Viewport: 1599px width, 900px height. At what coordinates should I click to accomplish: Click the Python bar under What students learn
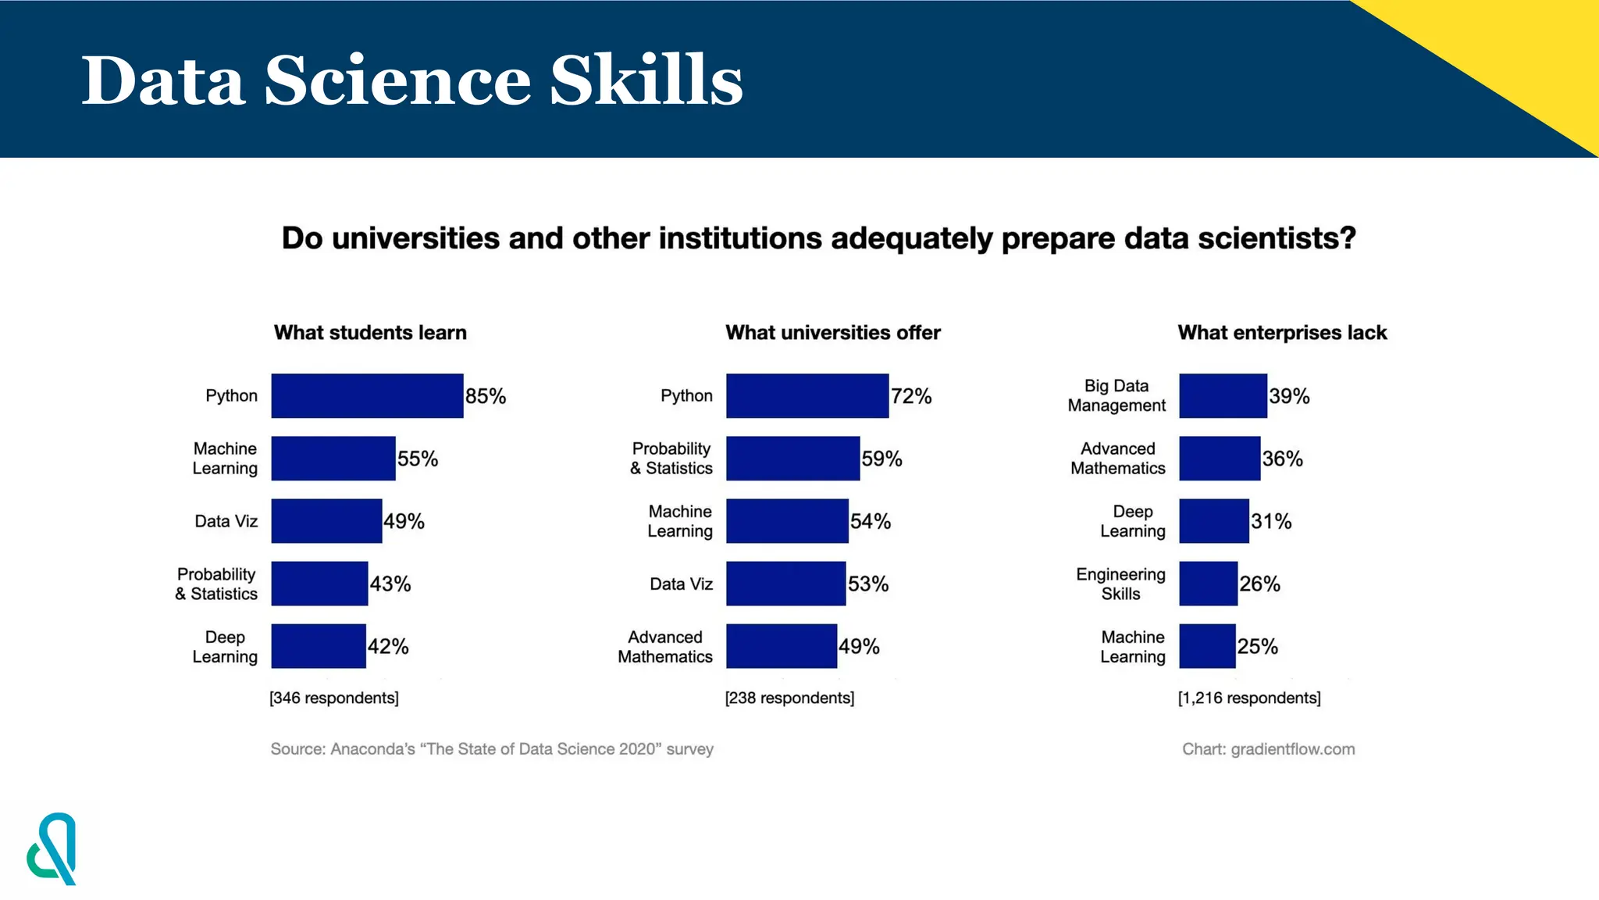tap(367, 396)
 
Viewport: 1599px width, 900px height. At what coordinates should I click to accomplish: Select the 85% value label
tap(486, 396)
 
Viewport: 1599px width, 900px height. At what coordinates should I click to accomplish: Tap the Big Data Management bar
tap(1223, 396)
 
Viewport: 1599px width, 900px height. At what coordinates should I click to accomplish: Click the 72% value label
tap(911, 396)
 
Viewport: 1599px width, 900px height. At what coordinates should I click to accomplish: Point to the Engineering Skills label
tap(1120, 584)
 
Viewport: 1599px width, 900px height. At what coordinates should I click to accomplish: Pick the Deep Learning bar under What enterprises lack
tap(1213, 521)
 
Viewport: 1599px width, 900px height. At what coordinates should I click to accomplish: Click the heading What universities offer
tap(833, 333)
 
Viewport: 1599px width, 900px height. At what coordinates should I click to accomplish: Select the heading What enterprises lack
tap(1282, 333)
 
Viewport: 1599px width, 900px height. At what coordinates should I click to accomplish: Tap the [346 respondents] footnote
tap(334, 698)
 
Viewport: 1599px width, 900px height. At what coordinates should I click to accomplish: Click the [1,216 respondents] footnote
tap(1249, 698)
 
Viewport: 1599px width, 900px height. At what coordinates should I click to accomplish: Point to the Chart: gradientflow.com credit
tap(1268, 749)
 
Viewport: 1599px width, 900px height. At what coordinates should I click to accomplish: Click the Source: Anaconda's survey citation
tap(492, 749)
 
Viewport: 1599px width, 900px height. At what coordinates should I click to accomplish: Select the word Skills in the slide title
tap(646, 80)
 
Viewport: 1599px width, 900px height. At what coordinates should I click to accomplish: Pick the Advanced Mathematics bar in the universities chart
tap(781, 646)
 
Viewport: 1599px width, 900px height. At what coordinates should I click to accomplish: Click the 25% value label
tap(1257, 646)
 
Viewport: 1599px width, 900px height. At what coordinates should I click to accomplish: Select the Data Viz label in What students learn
tap(226, 521)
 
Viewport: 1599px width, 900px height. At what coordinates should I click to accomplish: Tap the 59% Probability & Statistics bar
tap(792, 459)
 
